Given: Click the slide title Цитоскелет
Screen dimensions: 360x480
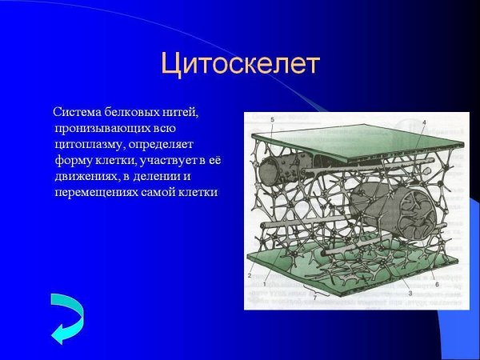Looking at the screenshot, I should [x=240, y=62].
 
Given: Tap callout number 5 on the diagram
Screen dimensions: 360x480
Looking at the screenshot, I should [x=272, y=120].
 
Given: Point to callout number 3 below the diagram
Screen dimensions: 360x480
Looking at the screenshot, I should [x=410, y=294].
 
